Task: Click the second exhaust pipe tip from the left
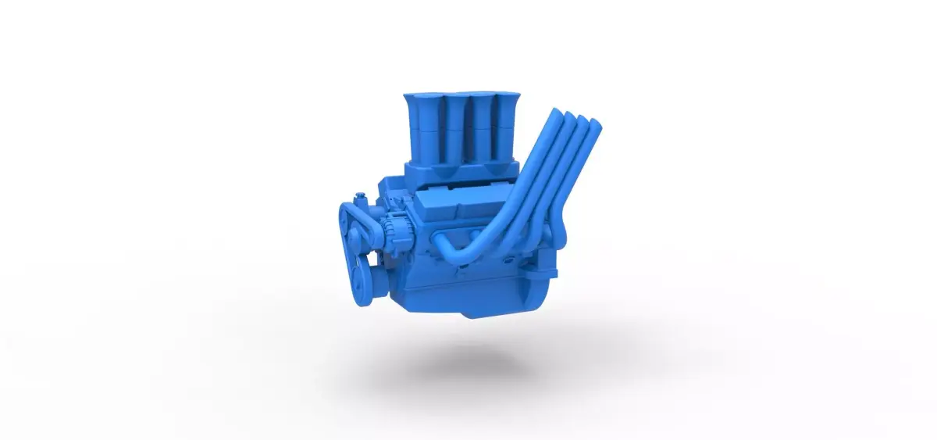pyautogui.click(x=571, y=117)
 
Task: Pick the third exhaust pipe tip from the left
pyautogui.click(x=583, y=121)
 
